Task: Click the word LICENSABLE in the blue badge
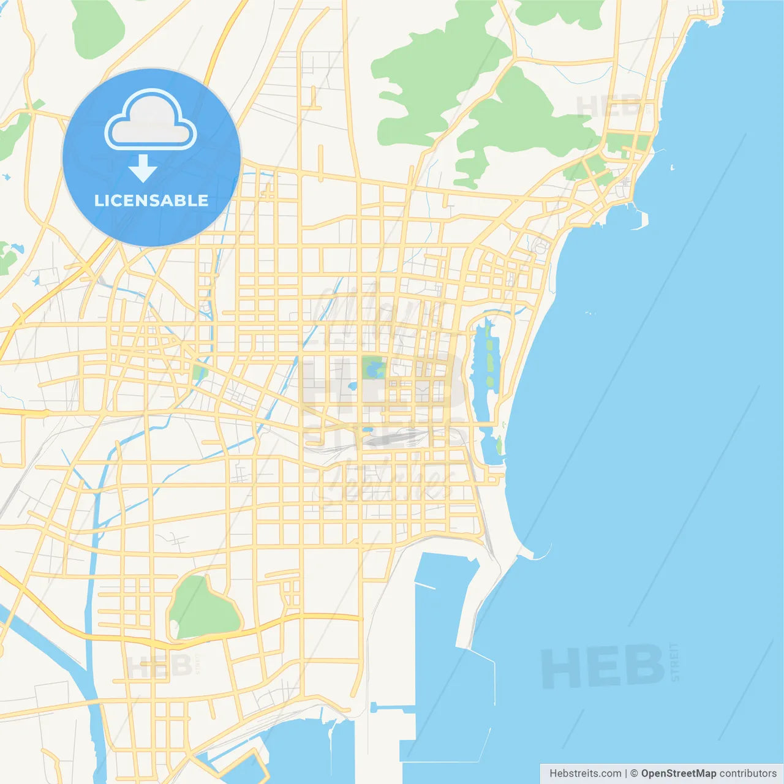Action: click(x=151, y=200)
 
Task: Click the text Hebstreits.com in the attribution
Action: click(x=585, y=774)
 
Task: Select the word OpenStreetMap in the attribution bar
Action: click(x=678, y=774)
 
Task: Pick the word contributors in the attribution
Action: click(x=748, y=774)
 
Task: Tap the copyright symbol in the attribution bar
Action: click(x=634, y=774)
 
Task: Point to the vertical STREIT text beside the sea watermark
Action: click(x=675, y=661)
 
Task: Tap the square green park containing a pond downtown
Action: click(x=374, y=368)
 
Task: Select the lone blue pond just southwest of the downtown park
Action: click(x=353, y=386)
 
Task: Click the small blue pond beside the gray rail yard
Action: click(x=367, y=429)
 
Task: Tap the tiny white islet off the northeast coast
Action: click(x=672, y=167)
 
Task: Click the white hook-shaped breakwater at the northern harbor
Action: click(x=641, y=221)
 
